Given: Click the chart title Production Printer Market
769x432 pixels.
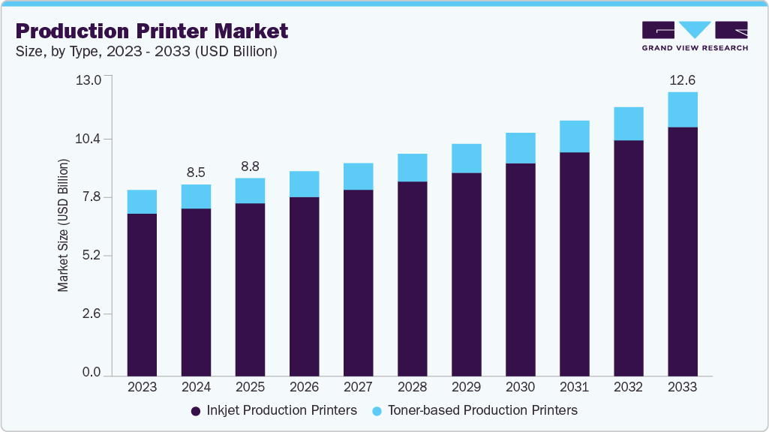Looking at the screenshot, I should pyautogui.click(x=152, y=31).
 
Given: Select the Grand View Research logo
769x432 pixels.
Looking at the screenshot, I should pyautogui.click(x=695, y=36).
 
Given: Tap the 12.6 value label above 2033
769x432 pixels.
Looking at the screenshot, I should pyautogui.click(x=683, y=80).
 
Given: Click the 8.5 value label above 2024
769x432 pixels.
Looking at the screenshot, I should pyautogui.click(x=197, y=172).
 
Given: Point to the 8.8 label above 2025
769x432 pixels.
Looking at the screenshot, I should pyautogui.click(x=251, y=166).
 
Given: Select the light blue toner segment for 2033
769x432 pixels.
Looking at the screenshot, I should pyautogui.click(x=683, y=109).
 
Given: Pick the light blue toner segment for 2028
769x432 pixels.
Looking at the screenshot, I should pyautogui.click(x=413, y=167).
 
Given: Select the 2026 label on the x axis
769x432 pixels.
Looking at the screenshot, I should pyautogui.click(x=304, y=388).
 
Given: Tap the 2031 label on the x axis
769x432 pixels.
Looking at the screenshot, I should pyautogui.click(x=575, y=388).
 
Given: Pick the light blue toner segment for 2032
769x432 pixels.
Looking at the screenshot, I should pyautogui.click(x=629, y=123).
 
